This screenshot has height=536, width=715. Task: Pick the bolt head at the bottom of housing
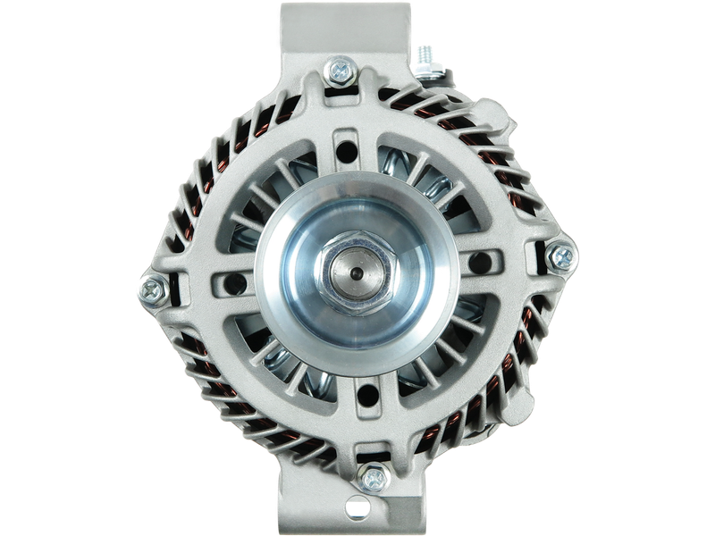(x=370, y=478)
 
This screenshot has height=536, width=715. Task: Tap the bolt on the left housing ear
(x=152, y=288)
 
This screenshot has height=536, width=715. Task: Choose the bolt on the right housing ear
(x=561, y=257)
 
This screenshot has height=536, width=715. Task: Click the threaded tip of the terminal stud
(x=423, y=53)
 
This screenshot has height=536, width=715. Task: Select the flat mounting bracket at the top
(x=344, y=27)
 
